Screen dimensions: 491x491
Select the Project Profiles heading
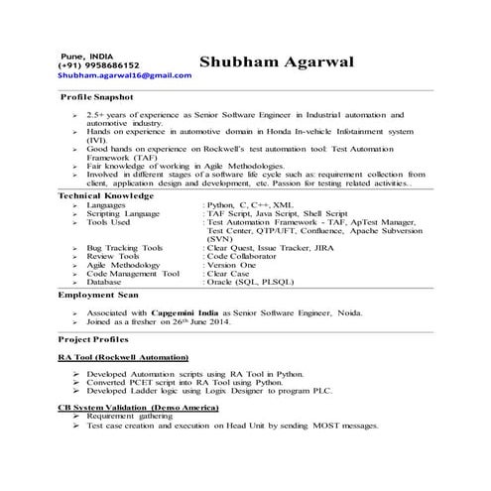coord(95,337)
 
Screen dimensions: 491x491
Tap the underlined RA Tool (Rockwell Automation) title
coord(123,355)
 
